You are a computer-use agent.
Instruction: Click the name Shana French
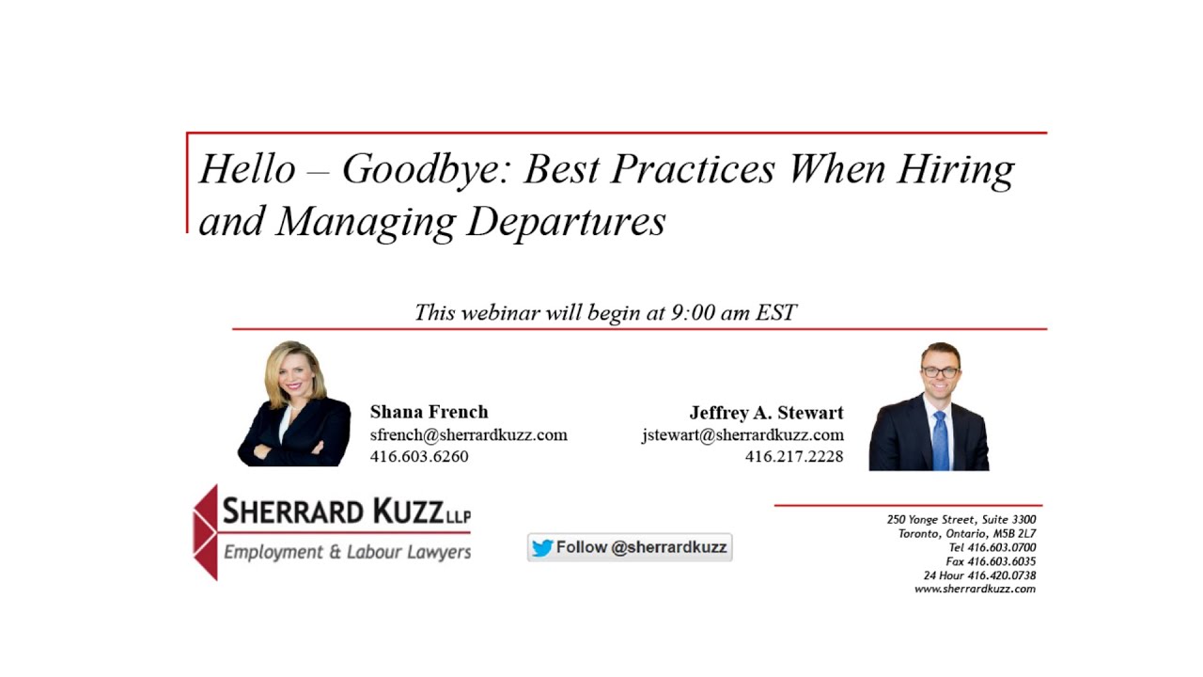click(x=429, y=412)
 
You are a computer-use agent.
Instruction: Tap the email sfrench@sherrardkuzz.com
click(x=468, y=434)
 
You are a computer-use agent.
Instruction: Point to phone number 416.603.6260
click(x=419, y=456)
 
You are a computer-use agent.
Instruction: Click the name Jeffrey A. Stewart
click(x=766, y=413)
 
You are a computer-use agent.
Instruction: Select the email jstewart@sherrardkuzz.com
click(x=742, y=434)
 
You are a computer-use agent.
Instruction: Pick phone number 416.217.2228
click(x=794, y=457)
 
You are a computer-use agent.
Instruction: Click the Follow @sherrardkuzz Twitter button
click(x=630, y=547)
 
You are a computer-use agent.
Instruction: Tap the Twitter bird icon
click(x=542, y=548)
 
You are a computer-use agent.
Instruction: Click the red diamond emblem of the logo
click(x=205, y=532)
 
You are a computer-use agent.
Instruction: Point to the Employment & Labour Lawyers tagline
click(x=347, y=552)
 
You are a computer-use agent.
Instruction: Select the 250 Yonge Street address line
click(x=961, y=519)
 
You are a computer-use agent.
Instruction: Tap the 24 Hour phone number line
click(x=979, y=575)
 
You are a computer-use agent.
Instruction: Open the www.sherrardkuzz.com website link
click(x=975, y=589)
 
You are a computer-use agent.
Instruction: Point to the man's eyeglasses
click(x=940, y=372)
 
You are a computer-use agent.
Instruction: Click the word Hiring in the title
click(x=955, y=170)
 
